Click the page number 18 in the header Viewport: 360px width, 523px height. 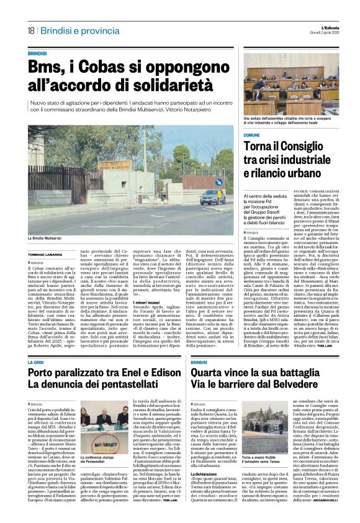pos(30,30)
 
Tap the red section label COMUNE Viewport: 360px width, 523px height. pos(269,135)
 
